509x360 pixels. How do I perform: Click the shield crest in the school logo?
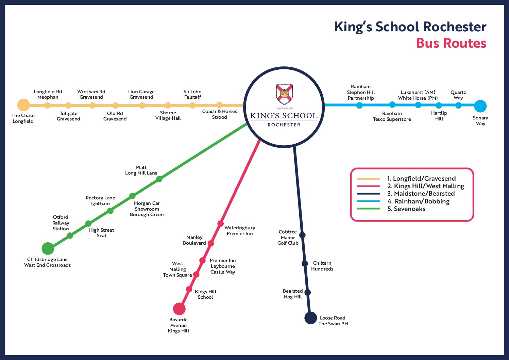tap(284, 94)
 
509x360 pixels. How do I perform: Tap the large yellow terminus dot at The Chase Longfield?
tap(23, 105)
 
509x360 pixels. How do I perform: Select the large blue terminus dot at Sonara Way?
tap(480, 106)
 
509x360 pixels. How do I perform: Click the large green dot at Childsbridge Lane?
tap(48, 248)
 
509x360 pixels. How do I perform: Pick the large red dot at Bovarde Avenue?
tap(179, 309)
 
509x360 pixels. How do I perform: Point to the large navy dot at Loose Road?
tap(310, 318)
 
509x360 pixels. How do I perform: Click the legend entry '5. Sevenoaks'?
tap(406, 209)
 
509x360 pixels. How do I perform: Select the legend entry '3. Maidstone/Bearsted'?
tap(421, 194)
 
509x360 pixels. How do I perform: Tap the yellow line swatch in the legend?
tap(369, 179)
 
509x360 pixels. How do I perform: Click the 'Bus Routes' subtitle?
tap(451, 43)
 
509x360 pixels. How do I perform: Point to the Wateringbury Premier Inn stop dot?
tap(220, 224)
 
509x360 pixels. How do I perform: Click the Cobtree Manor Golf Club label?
tap(288, 238)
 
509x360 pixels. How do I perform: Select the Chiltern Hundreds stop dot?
tap(305, 263)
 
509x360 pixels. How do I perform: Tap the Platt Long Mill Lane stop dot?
tap(159, 179)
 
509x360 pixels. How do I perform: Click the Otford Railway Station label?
tap(61, 223)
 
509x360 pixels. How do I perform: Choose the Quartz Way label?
tap(458, 95)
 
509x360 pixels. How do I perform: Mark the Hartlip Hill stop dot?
tap(439, 105)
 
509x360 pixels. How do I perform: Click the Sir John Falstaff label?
tap(192, 94)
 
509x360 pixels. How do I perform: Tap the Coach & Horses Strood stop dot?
tap(220, 105)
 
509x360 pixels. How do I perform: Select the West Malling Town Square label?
tap(177, 269)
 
